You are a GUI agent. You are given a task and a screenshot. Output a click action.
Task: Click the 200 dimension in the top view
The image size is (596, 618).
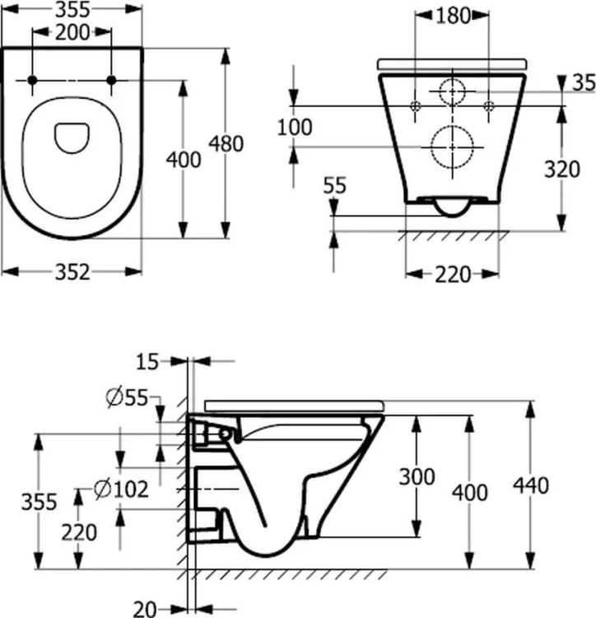coord(72,32)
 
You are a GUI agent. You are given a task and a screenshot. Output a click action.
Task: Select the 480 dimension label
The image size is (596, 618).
coord(226,143)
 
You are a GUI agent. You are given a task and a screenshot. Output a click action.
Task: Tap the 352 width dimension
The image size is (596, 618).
coord(72,272)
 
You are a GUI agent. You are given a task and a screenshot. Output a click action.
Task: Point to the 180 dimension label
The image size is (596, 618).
coord(453,16)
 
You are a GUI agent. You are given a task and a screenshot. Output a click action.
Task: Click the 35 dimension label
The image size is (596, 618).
coord(584,82)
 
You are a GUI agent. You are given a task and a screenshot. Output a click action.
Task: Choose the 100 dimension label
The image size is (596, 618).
coord(295,127)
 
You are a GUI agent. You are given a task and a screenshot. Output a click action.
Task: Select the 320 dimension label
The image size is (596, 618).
coord(561,170)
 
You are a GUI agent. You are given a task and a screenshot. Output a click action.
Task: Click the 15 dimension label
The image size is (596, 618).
coord(147,362)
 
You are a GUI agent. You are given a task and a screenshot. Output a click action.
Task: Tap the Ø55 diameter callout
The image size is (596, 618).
coord(127,398)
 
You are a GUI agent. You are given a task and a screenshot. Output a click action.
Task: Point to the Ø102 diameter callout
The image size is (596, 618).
coord(121,489)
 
